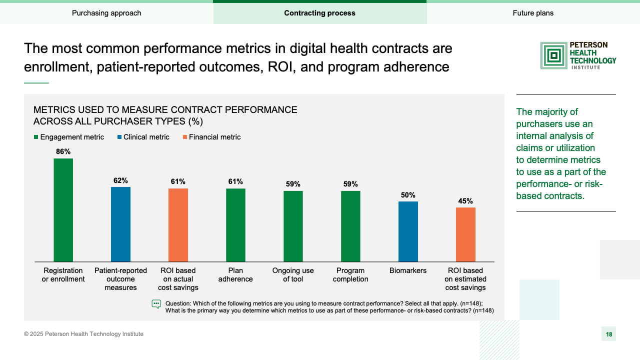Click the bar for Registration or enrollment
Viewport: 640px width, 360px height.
pos(63,210)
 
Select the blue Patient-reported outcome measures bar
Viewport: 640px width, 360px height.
pos(120,224)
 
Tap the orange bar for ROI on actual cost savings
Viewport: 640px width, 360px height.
pos(178,224)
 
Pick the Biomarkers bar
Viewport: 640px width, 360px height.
pos(408,231)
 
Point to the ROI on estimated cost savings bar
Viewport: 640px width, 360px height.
pos(465,234)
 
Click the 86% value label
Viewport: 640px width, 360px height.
pos(63,151)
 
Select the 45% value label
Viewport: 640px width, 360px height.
pos(465,201)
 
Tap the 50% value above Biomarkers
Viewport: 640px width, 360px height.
pos(408,195)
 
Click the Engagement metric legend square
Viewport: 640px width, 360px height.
pos(36,137)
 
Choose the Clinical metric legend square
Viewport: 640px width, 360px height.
pos(119,137)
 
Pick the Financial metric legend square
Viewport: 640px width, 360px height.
pos(185,137)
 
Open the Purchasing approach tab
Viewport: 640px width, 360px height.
pos(106,13)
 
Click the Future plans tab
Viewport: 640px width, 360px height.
pos(533,13)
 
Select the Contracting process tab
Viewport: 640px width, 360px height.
pos(320,13)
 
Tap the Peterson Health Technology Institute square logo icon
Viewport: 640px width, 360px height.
pos(553,55)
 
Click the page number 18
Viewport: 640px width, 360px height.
pos(608,334)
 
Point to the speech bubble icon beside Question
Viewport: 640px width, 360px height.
pos(156,304)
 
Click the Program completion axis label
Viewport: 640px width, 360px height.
pos(350,275)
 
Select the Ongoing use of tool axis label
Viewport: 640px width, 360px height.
pos(293,275)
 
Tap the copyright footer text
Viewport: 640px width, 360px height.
pos(83,334)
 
